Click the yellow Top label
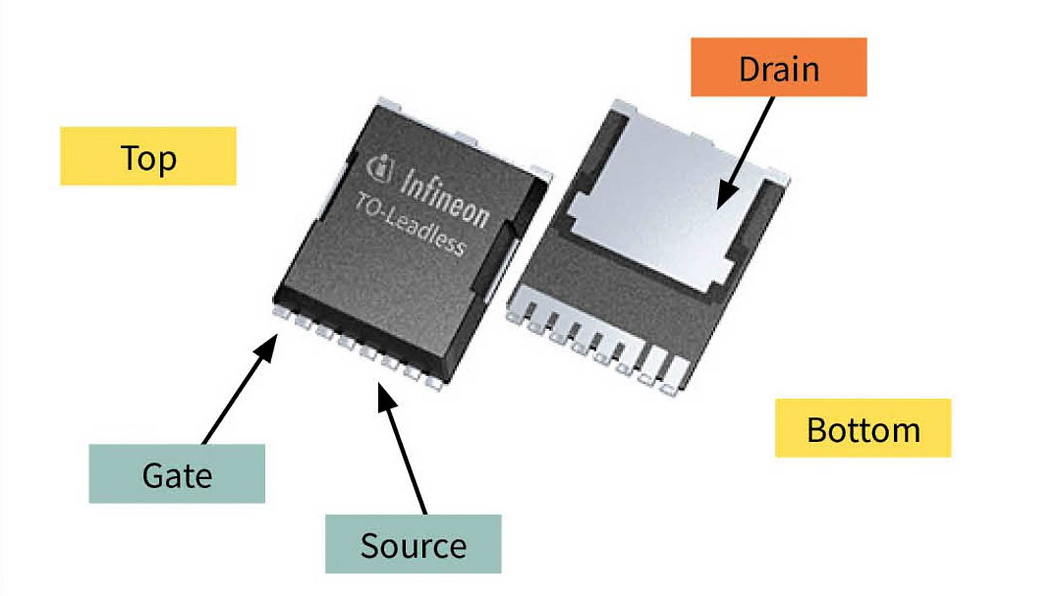(x=148, y=156)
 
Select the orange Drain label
(x=779, y=67)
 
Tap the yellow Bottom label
(x=863, y=428)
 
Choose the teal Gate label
(x=177, y=474)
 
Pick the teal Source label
(x=413, y=544)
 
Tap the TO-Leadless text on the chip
(x=411, y=225)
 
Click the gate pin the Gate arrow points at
(x=281, y=312)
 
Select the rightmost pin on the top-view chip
(x=434, y=383)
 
